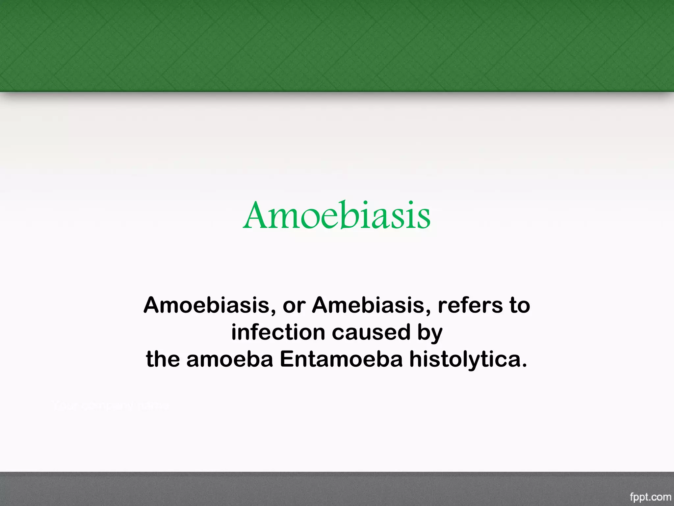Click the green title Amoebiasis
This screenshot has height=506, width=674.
point(337,215)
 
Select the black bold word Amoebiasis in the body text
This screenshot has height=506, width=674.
point(206,305)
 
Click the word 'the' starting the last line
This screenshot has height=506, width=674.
point(163,359)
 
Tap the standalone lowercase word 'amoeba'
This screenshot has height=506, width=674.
point(230,359)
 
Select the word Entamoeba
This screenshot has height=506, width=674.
point(341,359)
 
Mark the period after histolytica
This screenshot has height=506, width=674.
point(524,365)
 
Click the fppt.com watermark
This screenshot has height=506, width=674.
point(650,497)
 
